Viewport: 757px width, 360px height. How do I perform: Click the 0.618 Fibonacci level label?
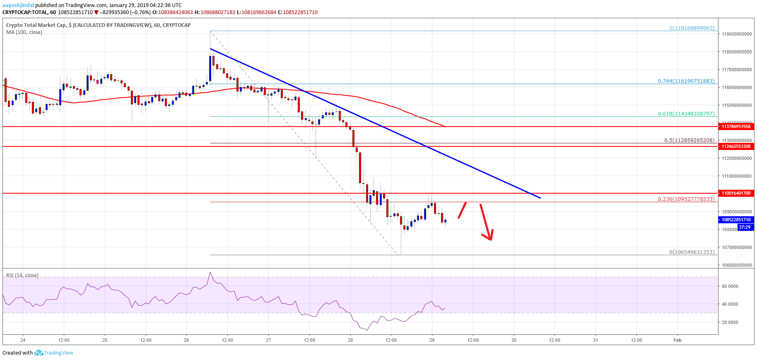point(686,114)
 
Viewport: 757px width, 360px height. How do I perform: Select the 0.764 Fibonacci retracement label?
point(686,81)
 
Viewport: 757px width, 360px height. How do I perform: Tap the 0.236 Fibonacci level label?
point(686,199)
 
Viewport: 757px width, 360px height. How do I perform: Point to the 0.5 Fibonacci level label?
point(689,140)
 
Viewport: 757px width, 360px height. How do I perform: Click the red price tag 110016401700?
point(736,193)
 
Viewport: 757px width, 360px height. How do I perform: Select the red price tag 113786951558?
point(736,126)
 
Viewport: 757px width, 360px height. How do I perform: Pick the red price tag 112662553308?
point(736,146)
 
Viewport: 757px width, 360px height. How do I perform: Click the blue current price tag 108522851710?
point(736,220)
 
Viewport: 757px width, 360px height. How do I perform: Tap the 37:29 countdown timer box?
point(745,227)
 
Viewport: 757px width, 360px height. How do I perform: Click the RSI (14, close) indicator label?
point(22,275)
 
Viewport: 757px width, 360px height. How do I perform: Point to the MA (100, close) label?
point(24,32)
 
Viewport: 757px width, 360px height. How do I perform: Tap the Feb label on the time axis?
point(677,340)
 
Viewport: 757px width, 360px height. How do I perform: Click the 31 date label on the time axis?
point(595,340)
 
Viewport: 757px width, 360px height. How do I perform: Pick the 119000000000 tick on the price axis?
point(737,34)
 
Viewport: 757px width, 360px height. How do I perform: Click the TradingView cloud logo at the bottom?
point(39,353)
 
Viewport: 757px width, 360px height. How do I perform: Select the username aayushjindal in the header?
point(18,5)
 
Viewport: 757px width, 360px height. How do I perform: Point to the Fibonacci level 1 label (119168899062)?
point(692,28)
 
